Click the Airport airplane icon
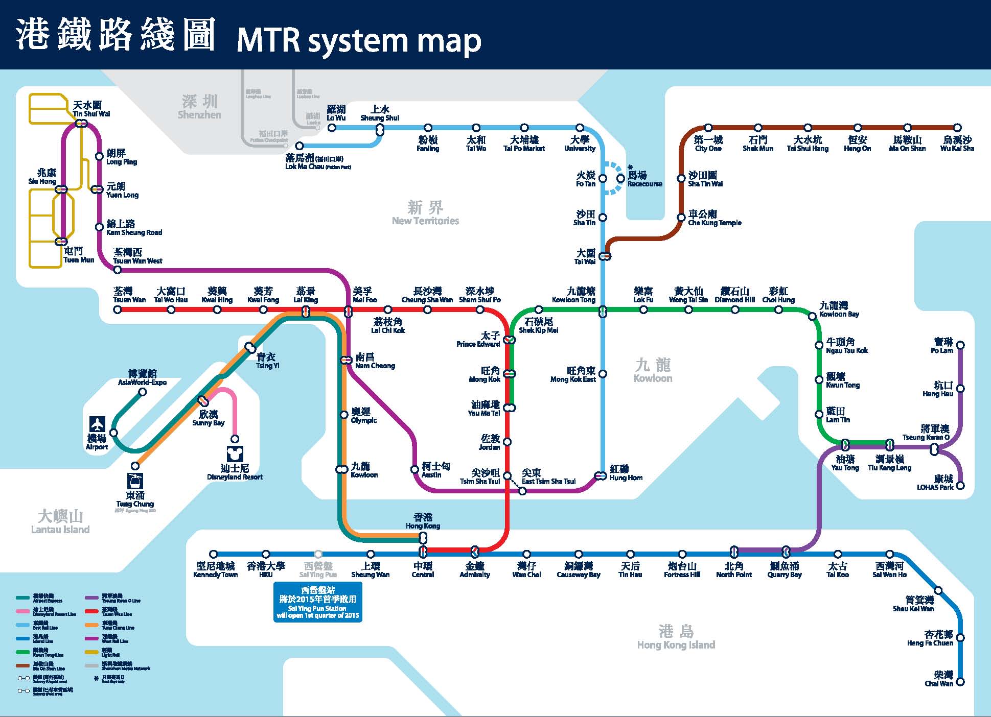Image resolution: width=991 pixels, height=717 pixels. [x=97, y=424]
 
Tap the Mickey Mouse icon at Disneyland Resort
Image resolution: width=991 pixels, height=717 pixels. [x=235, y=454]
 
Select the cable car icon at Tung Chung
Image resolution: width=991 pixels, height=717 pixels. [x=135, y=481]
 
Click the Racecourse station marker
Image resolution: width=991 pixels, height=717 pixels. [x=620, y=178]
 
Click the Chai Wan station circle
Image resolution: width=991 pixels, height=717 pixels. [x=960, y=682]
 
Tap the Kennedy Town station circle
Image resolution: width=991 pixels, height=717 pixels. [x=214, y=554]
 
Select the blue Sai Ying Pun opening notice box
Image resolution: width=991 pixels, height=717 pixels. [x=317, y=602]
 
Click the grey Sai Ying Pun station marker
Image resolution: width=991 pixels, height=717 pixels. [x=318, y=554]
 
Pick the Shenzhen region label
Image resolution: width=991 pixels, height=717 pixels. [x=199, y=107]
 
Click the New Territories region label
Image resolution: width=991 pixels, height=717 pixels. [x=425, y=213]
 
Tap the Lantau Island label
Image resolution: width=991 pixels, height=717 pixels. [x=60, y=522]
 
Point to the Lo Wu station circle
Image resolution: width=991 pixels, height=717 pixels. [x=332, y=128]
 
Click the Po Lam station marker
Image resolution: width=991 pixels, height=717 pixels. [x=960, y=345]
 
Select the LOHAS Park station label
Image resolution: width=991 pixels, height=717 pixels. [x=936, y=483]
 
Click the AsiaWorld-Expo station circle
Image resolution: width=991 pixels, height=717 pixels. [x=143, y=392]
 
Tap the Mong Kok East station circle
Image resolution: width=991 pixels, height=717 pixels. [x=603, y=374]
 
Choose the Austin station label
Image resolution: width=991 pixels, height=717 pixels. [x=435, y=470]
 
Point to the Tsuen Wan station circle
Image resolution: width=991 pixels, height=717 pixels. [x=118, y=309]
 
